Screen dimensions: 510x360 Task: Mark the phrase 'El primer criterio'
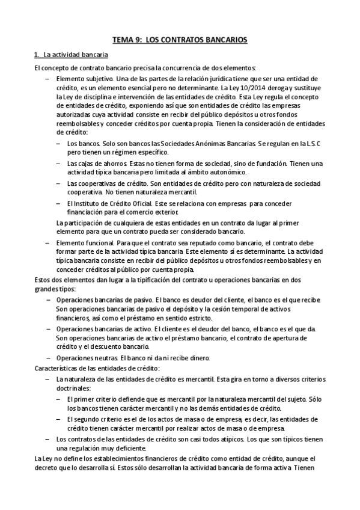tap(93, 398)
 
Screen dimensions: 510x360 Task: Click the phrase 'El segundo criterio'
tap(96, 418)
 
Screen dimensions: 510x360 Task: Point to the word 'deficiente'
tap(130, 448)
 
